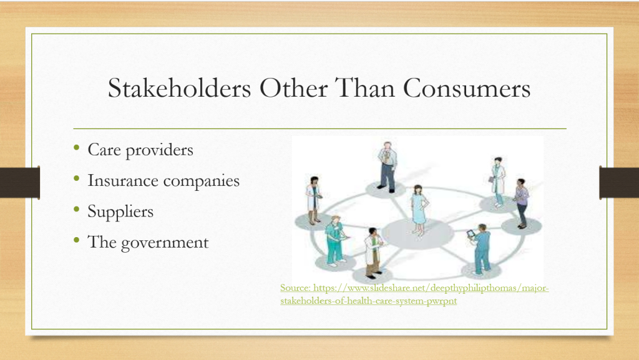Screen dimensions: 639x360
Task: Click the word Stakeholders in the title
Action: (179, 88)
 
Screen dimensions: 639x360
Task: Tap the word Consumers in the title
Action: (467, 88)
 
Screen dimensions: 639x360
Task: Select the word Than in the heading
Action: (364, 88)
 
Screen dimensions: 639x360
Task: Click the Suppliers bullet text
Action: (120, 212)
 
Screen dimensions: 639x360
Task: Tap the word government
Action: (165, 243)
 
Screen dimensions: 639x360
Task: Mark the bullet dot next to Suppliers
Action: (77, 209)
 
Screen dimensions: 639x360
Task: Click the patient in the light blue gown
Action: (419, 210)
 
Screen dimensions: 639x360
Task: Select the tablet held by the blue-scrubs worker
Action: (471, 234)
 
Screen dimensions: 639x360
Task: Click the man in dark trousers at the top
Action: (387, 167)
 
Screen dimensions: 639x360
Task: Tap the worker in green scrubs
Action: (335, 241)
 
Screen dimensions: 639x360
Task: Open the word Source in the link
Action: (295, 288)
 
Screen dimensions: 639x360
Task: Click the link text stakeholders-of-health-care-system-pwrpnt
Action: (368, 301)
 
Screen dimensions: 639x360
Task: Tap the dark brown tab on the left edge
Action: (20, 182)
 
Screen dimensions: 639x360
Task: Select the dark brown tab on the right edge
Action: (619, 182)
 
